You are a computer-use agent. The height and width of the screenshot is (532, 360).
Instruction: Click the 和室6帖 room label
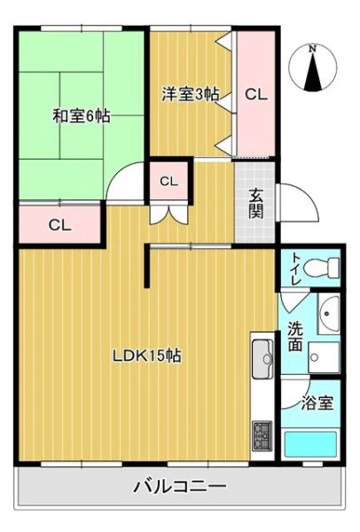81,116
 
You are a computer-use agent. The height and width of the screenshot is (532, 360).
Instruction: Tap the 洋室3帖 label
190,94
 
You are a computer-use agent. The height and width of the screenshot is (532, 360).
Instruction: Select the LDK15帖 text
147,356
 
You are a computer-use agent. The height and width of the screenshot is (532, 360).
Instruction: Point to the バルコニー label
179,487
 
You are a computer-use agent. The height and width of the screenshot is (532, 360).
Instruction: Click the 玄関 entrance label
256,203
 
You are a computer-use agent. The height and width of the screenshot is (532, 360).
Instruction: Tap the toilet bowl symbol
321,268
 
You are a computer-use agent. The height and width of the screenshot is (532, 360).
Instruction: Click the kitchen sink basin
262,359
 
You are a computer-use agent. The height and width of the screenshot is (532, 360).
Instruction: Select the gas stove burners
262,436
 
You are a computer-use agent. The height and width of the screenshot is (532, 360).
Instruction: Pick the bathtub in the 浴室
310,444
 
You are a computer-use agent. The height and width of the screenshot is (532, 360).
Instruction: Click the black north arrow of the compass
313,73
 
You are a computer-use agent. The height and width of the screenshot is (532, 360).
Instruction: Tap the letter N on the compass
312,49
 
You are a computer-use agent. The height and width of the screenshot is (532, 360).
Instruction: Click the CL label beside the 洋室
256,95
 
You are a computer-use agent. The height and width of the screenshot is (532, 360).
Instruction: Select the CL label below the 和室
59,225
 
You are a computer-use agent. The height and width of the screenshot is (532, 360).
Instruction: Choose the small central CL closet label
168,182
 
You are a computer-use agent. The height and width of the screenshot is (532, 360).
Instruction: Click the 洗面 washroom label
295,336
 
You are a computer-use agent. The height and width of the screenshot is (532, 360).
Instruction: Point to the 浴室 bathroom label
317,403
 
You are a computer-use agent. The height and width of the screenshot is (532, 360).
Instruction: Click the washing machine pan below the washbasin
324,357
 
